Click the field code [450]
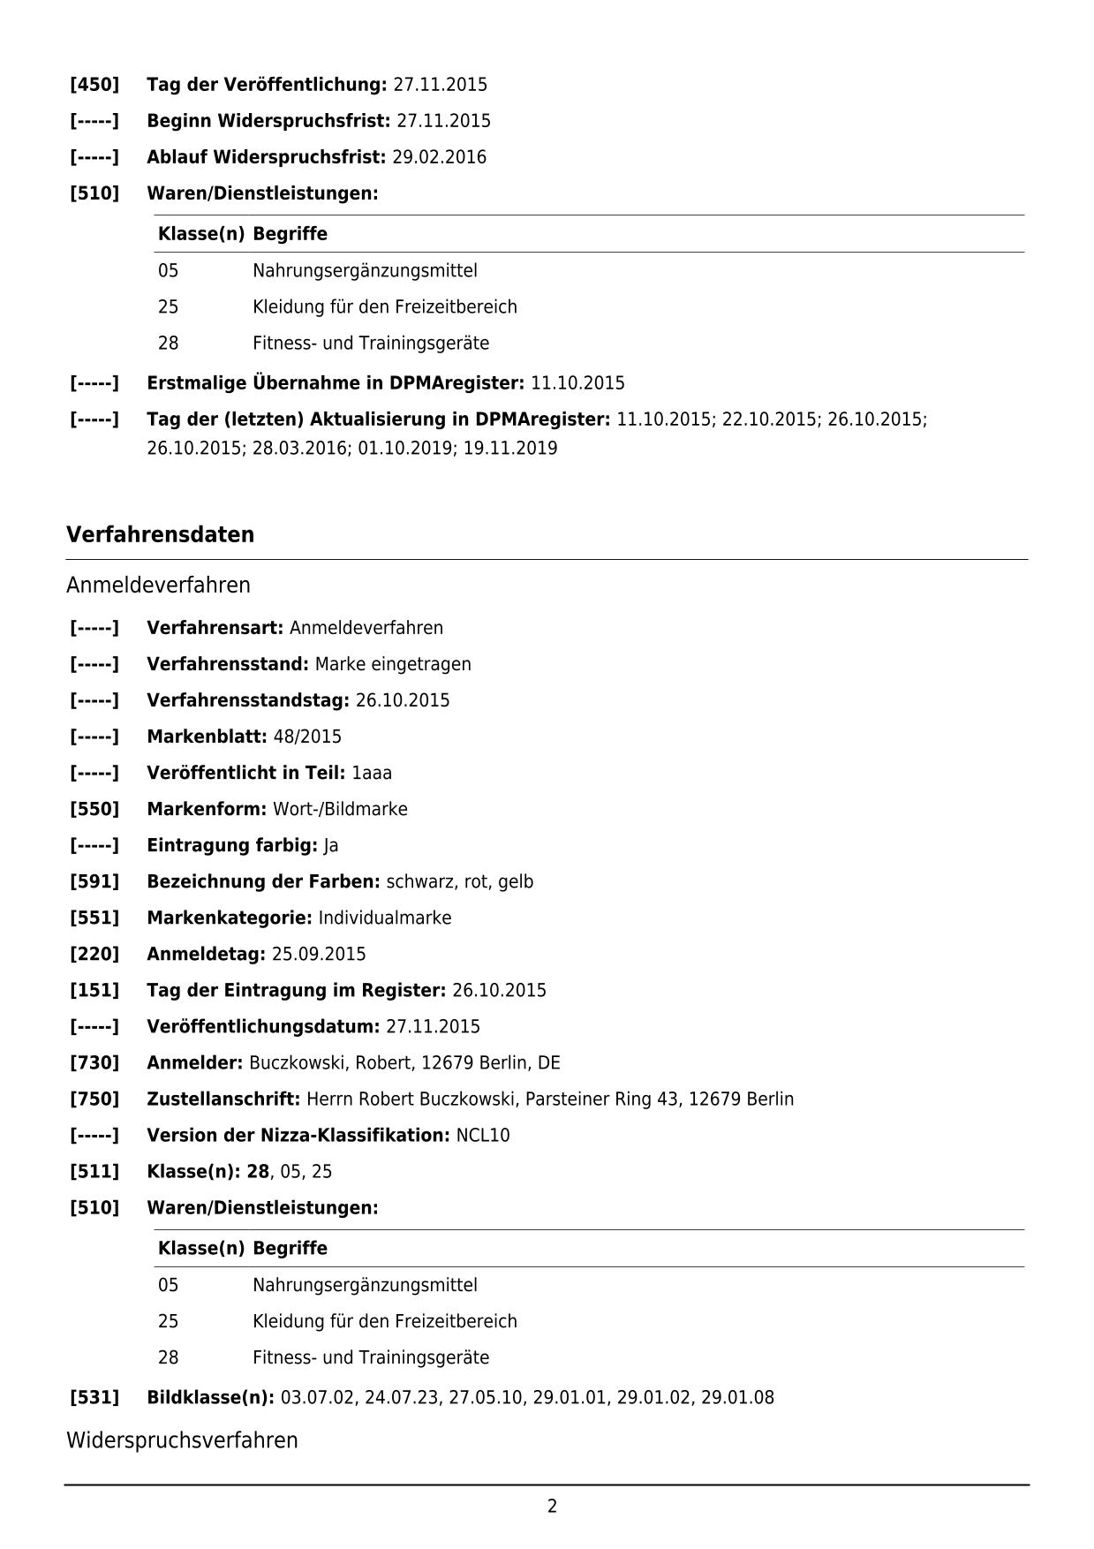point(94,85)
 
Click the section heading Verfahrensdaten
point(160,534)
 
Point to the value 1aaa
point(372,773)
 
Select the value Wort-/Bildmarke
point(340,809)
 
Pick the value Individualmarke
point(385,918)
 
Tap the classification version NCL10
point(483,1135)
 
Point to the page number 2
point(552,1506)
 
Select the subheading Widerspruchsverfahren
point(182,1440)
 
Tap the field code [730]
point(94,1062)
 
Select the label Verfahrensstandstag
point(247,700)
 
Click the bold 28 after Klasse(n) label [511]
point(258,1171)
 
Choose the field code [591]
point(94,881)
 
